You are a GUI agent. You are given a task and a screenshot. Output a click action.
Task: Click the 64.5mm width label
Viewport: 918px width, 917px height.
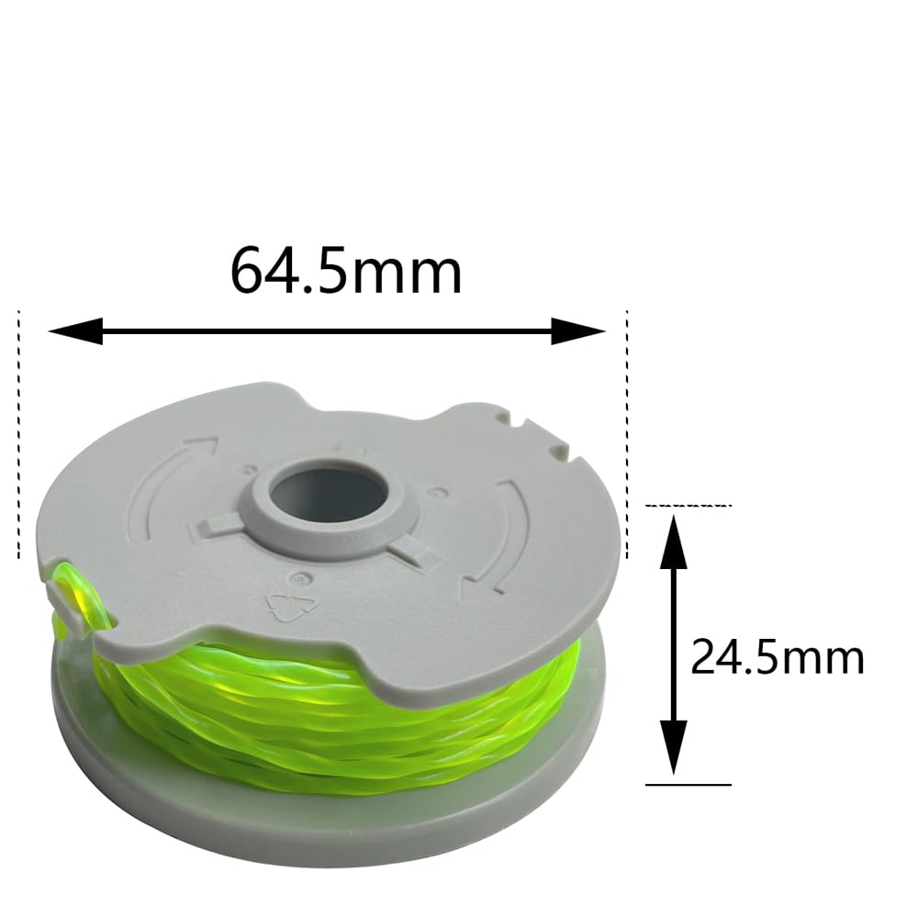[x=346, y=271]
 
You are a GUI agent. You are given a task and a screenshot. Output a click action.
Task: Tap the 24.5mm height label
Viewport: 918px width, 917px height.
[x=778, y=657]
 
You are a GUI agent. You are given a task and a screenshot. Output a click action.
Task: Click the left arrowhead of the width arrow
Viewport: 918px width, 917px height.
[x=75, y=331]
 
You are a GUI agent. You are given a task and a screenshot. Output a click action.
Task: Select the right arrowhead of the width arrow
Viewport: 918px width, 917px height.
[x=578, y=331]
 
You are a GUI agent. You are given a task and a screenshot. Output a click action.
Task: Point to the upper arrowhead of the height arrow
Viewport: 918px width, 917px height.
[x=673, y=542]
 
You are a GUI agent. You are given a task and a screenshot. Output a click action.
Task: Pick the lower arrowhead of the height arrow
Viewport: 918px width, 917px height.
[x=673, y=748]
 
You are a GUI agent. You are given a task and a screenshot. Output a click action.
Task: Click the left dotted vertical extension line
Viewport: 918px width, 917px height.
[x=18, y=434]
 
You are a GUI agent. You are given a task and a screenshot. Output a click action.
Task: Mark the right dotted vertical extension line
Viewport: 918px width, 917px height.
[x=628, y=434]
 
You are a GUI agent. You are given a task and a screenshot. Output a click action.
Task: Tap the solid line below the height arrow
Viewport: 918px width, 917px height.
[x=688, y=784]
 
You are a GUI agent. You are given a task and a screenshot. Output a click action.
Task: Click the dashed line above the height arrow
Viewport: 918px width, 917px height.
[x=688, y=505]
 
